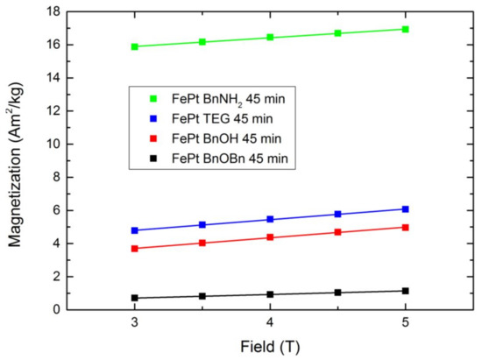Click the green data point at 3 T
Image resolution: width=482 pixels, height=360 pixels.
click(134, 46)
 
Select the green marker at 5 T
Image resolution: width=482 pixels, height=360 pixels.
click(405, 29)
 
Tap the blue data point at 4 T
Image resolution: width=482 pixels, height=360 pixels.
click(270, 219)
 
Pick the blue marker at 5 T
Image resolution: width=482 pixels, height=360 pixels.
click(405, 208)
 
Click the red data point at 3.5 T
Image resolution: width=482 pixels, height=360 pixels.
click(202, 243)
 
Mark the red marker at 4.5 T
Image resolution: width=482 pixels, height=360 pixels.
click(337, 232)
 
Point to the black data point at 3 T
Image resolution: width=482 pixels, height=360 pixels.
click(134, 298)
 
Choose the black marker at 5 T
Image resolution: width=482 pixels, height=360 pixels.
click(405, 291)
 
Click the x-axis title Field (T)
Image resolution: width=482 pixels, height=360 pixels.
click(270, 347)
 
